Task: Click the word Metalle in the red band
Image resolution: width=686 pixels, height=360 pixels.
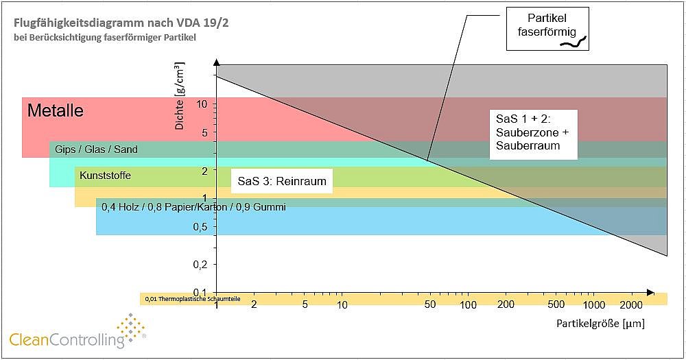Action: (x=55, y=110)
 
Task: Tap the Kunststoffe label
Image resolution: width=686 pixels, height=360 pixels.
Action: (x=105, y=176)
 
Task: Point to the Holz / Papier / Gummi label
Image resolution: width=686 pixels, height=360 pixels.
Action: (x=193, y=206)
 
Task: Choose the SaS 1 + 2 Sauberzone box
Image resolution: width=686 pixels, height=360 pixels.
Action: (x=532, y=134)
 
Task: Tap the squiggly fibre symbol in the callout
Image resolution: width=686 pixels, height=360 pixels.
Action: (x=574, y=43)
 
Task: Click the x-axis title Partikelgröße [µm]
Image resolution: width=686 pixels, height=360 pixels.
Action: (x=600, y=322)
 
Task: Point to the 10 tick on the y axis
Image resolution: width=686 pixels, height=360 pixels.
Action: (x=202, y=104)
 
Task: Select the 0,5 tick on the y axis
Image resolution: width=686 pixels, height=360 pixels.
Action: (x=200, y=227)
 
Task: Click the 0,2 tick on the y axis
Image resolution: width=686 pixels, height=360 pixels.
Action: (x=200, y=264)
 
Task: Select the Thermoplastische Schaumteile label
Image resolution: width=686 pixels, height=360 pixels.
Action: (x=193, y=299)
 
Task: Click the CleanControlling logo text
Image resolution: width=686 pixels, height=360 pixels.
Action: (x=67, y=338)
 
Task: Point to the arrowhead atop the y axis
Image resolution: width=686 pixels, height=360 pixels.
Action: (x=217, y=62)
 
